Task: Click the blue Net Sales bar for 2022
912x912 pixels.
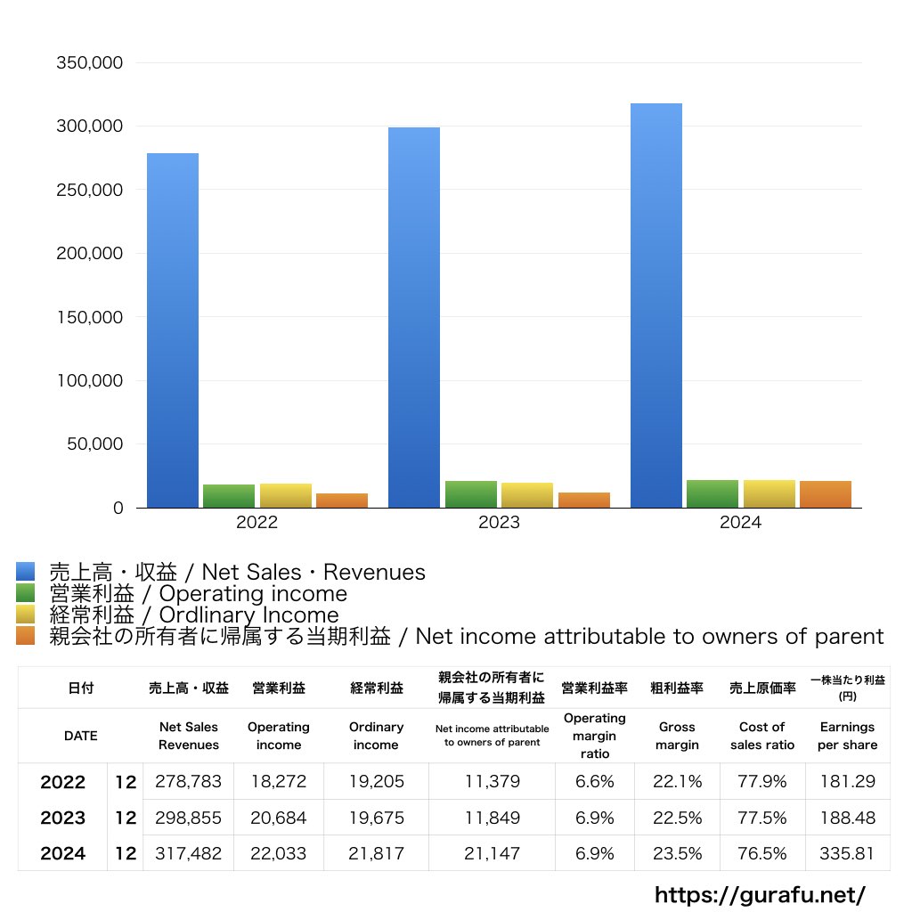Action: (x=173, y=330)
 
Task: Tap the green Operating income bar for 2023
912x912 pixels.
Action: (x=471, y=494)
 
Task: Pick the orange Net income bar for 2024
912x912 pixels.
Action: (x=826, y=494)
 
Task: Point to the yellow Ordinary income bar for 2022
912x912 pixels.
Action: (x=286, y=495)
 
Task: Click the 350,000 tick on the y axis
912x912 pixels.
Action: (x=89, y=63)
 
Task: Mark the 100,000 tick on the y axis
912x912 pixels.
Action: (x=89, y=381)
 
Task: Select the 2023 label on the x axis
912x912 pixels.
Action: (x=499, y=523)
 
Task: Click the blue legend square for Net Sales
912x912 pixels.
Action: (x=25, y=571)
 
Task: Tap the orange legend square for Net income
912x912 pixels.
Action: (x=25, y=636)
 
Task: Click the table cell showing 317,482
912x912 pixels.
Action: (x=188, y=853)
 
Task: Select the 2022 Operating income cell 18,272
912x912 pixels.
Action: (x=279, y=782)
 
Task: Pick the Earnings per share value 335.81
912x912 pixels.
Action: (x=848, y=853)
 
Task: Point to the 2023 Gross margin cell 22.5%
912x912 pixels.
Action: (x=678, y=818)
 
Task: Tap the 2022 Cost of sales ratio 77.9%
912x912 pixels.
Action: (x=762, y=782)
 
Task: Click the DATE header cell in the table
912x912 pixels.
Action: (x=81, y=736)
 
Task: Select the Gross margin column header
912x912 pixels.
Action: (x=678, y=736)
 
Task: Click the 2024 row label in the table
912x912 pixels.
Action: (x=63, y=853)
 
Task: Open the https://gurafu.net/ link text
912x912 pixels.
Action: (x=760, y=894)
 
